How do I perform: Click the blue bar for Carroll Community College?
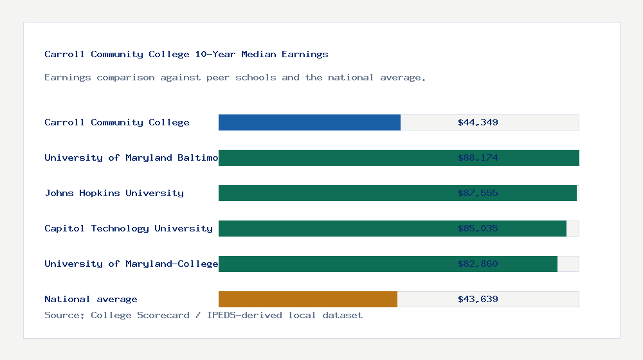point(309,122)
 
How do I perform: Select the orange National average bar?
point(308,299)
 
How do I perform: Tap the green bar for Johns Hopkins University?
point(334,193)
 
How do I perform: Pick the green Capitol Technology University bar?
point(334,228)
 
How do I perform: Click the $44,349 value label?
point(478,122)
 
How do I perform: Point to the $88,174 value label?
point(478,157)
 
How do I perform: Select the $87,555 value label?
point(478,193)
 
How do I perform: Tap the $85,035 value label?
point(478,228)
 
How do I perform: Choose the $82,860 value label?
point(478,264)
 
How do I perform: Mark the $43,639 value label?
point(478,299)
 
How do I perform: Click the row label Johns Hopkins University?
point(114,193)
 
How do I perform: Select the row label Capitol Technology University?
point(129,228)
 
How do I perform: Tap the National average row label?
point(91,299)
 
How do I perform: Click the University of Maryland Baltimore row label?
point(131,157)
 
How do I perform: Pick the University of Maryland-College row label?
point(131,264)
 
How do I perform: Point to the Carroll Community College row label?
point(117,122)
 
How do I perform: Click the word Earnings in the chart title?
point(305,54)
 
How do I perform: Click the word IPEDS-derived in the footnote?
point(244,315)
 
